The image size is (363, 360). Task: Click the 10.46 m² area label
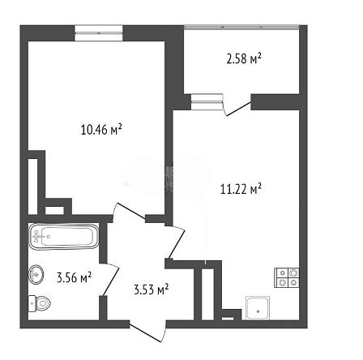[x=101, y=130]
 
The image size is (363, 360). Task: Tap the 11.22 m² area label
[x=241, y=189]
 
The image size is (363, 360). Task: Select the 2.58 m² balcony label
[x=244, y=58]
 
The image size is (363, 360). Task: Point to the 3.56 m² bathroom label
[x=74, y=277]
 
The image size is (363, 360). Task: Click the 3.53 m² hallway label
[x=152, y=289]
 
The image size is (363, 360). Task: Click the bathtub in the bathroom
[x=63, y=237]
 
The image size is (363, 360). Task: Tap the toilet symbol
[x=40, y=303]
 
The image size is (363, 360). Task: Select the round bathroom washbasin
[x=36, y=275]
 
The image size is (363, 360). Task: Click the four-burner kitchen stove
[x=287, y=277]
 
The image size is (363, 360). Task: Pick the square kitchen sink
[x=258, y=308]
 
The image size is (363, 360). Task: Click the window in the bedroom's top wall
[x=99, y=33]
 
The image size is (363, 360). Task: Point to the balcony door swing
[x=237, y=105]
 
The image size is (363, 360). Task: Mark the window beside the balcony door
[x=207, y=102]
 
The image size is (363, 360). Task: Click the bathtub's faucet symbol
[x=39, y=237]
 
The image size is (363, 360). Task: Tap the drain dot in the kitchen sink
[x=258, y=311]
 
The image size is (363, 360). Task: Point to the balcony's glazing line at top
[x=241, y=27]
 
